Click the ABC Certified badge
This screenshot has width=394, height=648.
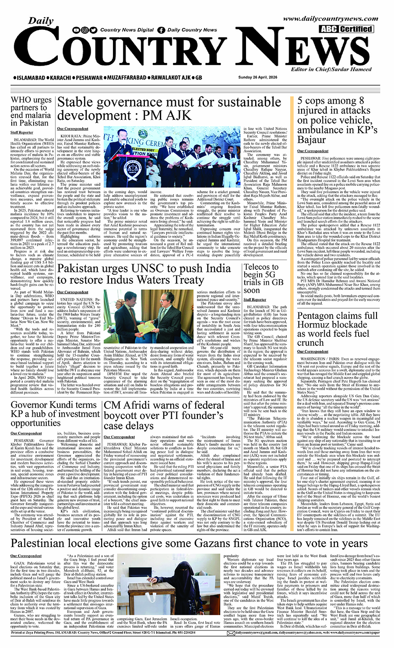pyautogui.click(x=346, y=29)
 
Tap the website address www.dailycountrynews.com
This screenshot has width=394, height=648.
pyautogui.click(x=331, y=19)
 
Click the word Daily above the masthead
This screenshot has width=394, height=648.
pyautogui.click(x=41, y=21)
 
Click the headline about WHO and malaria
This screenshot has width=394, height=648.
pyautogui.click(x=31, y=111)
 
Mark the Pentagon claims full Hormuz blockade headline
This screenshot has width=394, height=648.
pyautogui.click(x=337, y=329)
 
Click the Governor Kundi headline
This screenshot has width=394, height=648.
pyautogui.click(x=55, y=414)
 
